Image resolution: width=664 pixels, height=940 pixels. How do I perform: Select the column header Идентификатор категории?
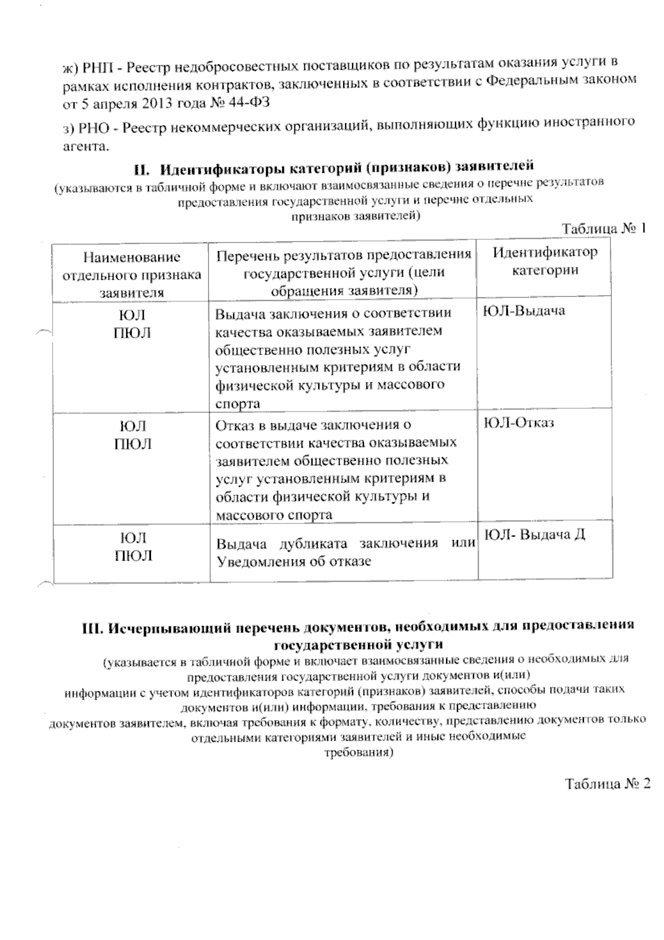click(x=545, y=261)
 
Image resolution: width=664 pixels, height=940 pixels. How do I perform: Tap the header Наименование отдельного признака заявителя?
click(x=131, y=275)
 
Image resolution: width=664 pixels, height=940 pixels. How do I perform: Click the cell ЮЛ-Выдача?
click(x=524, y=310)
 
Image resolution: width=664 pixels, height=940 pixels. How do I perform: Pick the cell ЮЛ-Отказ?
click(x=518, y=423)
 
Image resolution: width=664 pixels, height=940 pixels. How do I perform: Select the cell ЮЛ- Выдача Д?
click(x=535, y=535)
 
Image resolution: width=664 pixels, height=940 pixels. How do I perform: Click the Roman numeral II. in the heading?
click(x=140, y=167)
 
